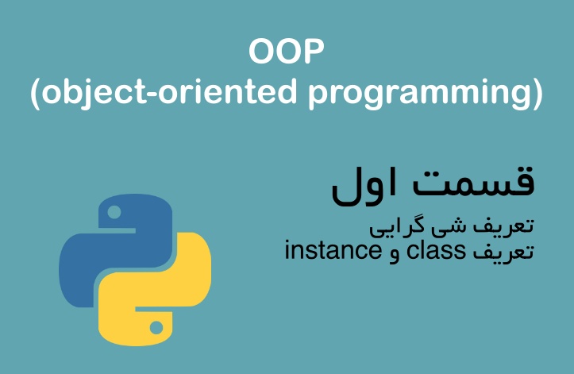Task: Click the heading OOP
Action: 287,54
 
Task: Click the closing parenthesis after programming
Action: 538,94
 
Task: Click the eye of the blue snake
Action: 114,212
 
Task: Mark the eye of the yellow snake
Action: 157,326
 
